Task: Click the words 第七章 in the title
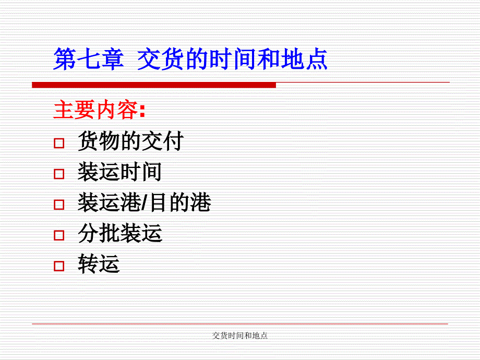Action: coord(89,59)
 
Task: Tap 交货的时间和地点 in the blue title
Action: coord(233,59)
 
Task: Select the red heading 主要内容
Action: coord(95,110)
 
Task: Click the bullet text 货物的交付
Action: coord(131,141)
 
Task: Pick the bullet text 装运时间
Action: coord(119,172)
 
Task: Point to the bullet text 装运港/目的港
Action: coord(144,202)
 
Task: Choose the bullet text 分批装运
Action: coord(119,233)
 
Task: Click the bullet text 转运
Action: coord(99,263)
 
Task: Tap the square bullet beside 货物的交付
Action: coord(59,143)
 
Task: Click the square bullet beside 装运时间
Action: coord(59,174)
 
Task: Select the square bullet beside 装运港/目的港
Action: coord(59,205)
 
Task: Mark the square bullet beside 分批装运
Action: coord(59,235)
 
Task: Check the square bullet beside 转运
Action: coord(59,266)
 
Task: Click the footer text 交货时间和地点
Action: coord(240,336)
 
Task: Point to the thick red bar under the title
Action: coord(154,85)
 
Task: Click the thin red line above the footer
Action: coord(240,324)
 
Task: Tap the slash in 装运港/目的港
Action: coord(146,202)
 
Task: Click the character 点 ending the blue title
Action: coord(317,59)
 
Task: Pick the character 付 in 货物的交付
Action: coord(174,141)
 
